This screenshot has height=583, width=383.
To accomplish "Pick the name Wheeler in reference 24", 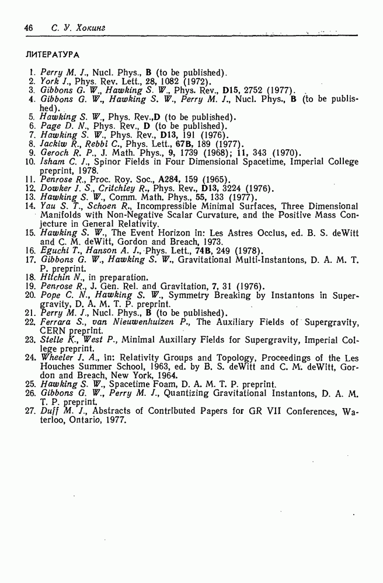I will point(56,358).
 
